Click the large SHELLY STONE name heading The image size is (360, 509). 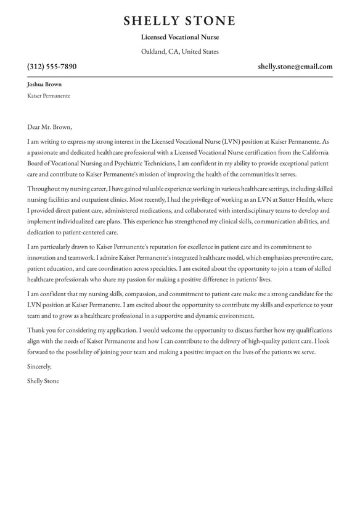point(179,20)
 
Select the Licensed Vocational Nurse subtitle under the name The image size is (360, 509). point(179,37)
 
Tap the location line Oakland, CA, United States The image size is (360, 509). point(179,52)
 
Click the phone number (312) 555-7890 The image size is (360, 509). point(52,67)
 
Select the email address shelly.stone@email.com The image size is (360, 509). point(295,67)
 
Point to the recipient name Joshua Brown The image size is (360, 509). point(44,85)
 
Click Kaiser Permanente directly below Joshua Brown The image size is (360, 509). point(49,96)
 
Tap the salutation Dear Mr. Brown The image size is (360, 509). point(49,127)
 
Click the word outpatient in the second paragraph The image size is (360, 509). point(94,200)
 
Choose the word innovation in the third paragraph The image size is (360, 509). point(43,258)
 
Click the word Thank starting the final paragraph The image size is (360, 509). point(36,330)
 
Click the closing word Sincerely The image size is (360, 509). point(39,366)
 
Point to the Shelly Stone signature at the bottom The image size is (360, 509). point(43,381)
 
